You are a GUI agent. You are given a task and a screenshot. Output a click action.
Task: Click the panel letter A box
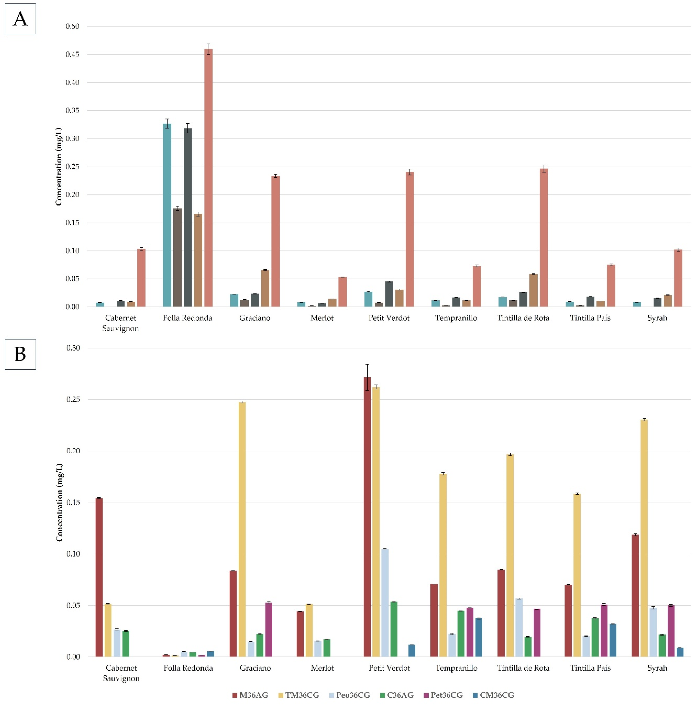pyautogui.click(x=20, y=19)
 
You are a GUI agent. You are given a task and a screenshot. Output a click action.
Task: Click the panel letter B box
pyautogui.click(x=20, y=354)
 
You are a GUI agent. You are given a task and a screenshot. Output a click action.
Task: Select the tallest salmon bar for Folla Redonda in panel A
pyautogui.click(x=208, y=179)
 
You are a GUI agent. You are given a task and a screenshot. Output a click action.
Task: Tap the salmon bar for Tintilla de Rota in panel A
pyautogui.click(x=543, y=237)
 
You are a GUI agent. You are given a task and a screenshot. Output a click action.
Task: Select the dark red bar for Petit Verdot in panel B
pyautogui.click(x=367, y=518)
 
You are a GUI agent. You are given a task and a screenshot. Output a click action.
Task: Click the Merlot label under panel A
pyautogui.click(x=321, y=318)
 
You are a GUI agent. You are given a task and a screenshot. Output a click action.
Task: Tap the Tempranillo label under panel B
pyautogui.click(x=456, y=668)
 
